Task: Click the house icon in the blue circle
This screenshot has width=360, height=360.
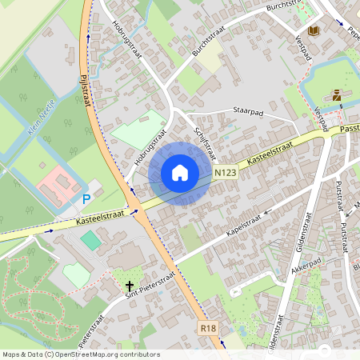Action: pos(180,172)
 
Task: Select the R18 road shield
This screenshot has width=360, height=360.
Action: pos(209,327)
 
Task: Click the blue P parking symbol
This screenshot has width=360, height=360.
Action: pos(86,198)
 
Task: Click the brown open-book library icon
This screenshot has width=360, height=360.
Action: pos(314,30)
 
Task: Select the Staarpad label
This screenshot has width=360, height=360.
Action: pos(248,111)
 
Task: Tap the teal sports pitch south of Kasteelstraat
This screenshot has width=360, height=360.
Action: pos(92,239)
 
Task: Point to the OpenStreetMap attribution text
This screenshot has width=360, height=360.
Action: pos(80,354)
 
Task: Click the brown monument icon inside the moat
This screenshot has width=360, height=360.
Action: pos(337,94)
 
